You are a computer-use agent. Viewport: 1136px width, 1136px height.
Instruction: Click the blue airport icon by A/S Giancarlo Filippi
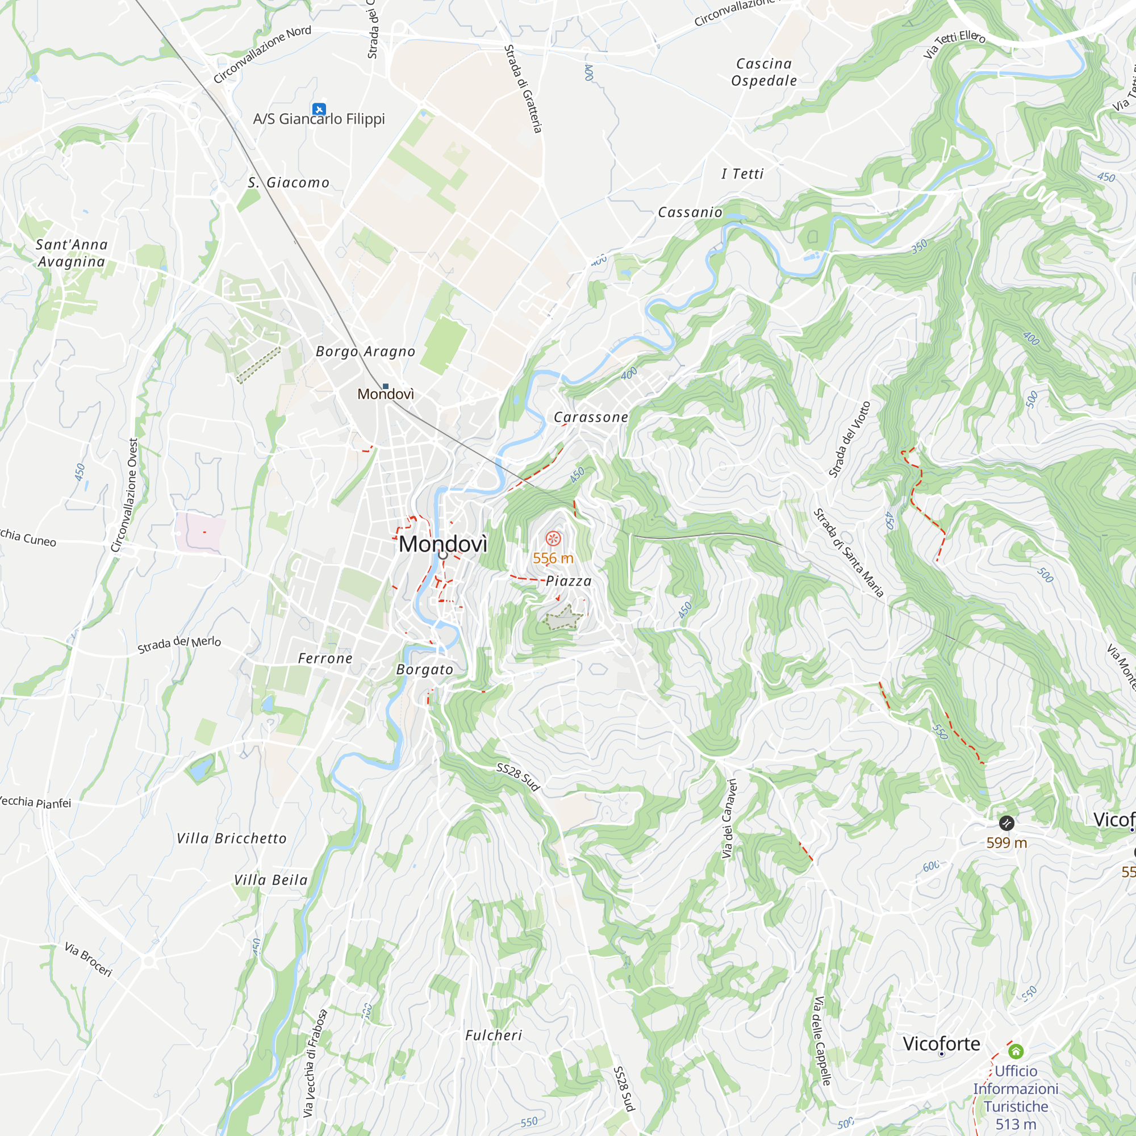click(319, 109)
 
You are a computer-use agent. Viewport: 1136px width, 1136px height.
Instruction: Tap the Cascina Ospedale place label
click(764, 72)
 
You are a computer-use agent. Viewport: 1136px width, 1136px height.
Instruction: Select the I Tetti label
click(742, 174)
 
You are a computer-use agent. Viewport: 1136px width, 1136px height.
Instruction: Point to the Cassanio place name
click(690, 212)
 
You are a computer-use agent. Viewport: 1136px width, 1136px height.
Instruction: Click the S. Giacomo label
click(288, 183)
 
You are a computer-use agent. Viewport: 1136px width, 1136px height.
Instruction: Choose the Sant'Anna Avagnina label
click(71, 253)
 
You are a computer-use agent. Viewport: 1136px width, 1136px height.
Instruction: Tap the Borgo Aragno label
click(365, 352)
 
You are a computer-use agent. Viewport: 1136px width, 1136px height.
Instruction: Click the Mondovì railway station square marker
click(386, 386)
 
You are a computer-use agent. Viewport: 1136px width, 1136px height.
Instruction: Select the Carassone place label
click(590, 417)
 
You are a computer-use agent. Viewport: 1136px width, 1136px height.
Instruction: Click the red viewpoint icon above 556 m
click(553, 538)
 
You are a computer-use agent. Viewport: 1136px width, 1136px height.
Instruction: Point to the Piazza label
click(568, 582)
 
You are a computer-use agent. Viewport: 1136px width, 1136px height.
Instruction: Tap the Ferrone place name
click(324, 658)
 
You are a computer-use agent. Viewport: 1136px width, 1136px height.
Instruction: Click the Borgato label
click(424, 670)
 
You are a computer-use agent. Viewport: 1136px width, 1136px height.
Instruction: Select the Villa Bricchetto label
click(232, 838)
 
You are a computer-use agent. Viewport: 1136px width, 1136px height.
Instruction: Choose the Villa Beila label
click(270, 880)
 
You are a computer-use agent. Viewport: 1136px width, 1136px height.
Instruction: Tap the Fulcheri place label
click(494, 1035)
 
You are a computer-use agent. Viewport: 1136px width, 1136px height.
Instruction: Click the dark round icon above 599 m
click(1006, 823)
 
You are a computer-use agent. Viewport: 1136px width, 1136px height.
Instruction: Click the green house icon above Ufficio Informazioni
click(1016, 1051)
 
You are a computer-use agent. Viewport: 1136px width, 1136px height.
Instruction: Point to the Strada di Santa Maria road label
click(848, 553)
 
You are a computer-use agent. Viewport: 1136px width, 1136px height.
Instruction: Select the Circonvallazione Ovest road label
click(125, 495)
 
